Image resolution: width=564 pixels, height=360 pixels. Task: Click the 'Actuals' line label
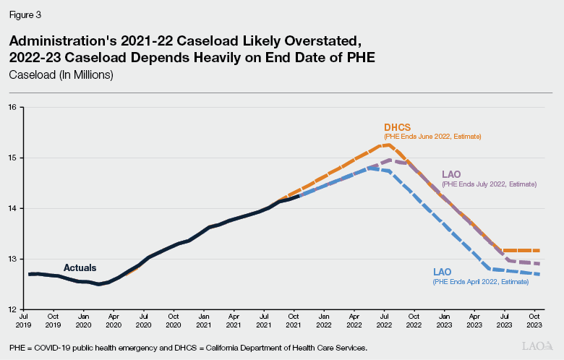point(80,267)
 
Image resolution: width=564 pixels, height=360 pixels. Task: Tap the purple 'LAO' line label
point(452,174)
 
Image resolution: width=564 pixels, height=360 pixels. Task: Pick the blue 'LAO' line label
point(443,272)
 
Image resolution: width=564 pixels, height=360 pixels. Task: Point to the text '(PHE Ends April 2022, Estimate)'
point(481,281)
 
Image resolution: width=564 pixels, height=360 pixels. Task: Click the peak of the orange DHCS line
point(388,145)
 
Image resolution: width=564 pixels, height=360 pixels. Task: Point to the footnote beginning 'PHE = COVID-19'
point(188,348)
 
